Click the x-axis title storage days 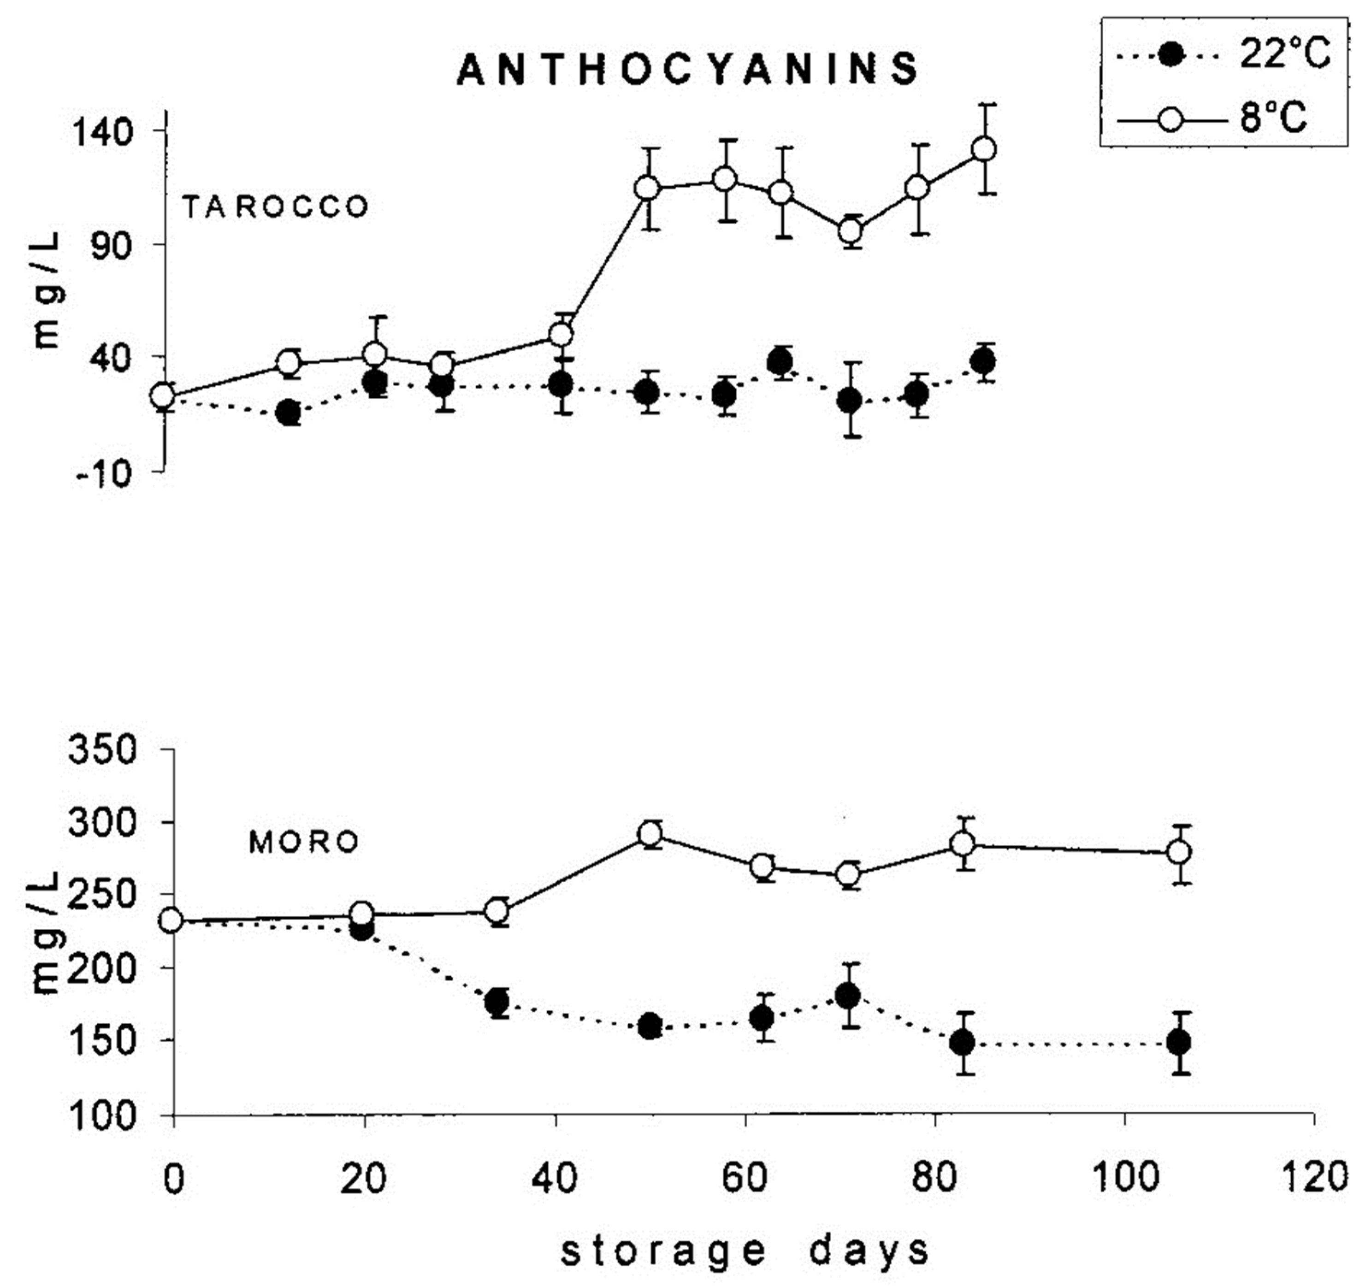[x=745, y=1250]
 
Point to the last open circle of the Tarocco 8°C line [x=985, y=149]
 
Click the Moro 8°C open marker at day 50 [x=650, y=834]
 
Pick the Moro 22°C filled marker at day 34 [x=497, y=1003]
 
